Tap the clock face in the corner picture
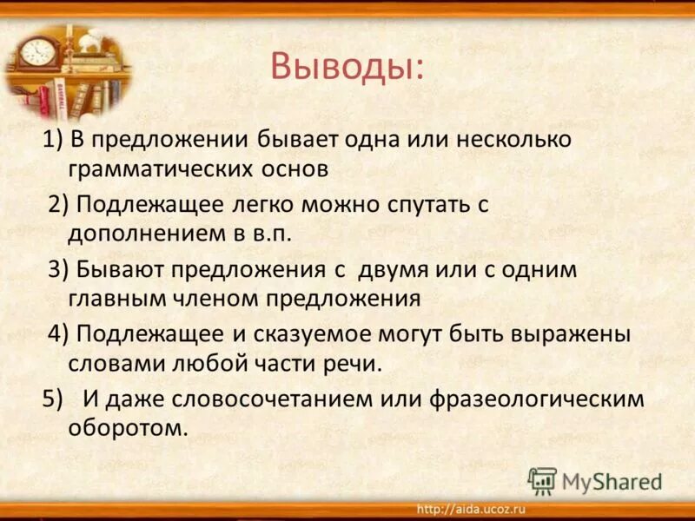[x=37, y=51]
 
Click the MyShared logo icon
[x=542, y=480]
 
